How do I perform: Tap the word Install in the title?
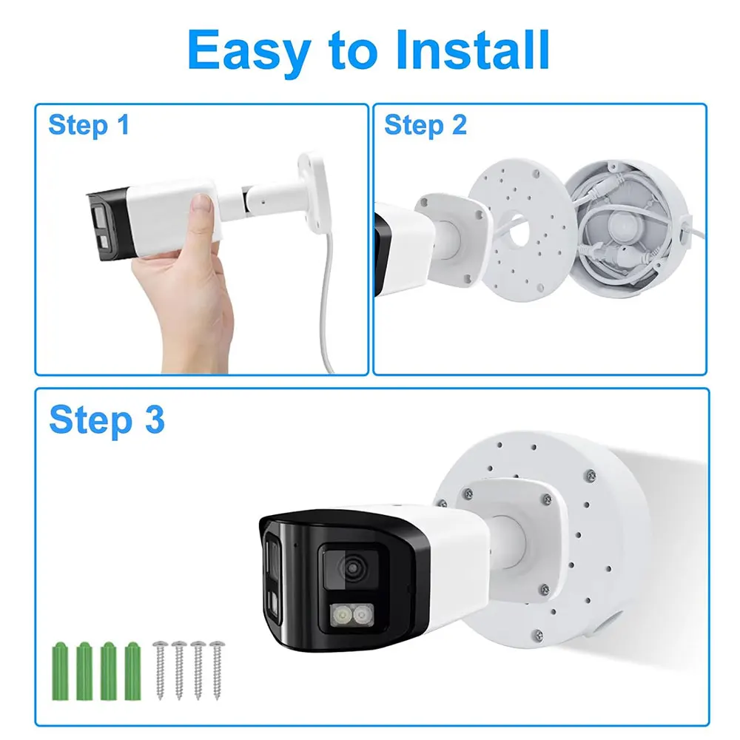click(x=473, y=49)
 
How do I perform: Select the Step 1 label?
click(x=89, y=126)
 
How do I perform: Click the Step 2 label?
click(x=425, y=126)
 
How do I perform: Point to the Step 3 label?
click(x=107, y=420)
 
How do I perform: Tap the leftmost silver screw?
click(x=160, y=670)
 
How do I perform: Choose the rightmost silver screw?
click(x=217, y=670)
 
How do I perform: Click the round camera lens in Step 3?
click(x=351, y=568)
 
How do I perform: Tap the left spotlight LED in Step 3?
click(x=341, y=615)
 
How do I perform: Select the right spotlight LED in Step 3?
click(x=363, y=615)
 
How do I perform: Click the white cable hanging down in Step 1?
click(x=326, y=302)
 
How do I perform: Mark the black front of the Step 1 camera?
click(x=107, y=225)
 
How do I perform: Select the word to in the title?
click(x=353, y=51)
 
